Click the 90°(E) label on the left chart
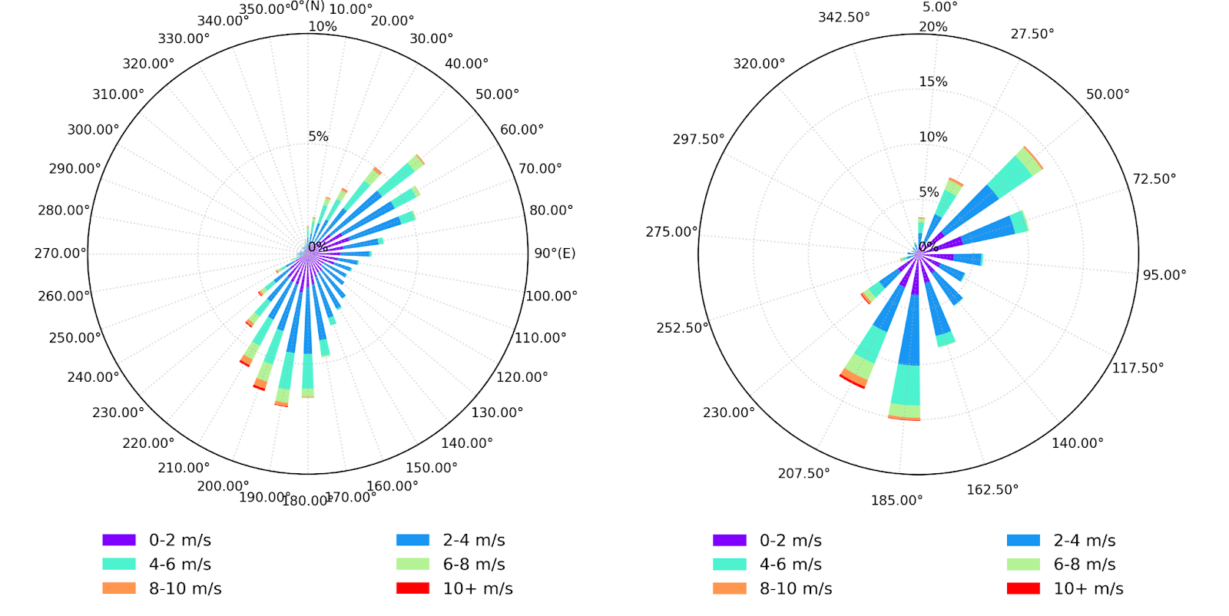point(555,253)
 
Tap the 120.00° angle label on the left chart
point(522,377)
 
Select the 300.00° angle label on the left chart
point(93,130)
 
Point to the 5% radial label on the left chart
point(318,137)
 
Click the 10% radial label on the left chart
point(323,26)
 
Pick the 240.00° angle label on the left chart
point(93,377)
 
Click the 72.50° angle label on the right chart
point(1154,179)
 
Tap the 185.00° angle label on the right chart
point(896,501)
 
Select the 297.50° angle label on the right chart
point(698,139)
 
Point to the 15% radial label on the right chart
point(933,81)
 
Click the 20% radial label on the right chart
point(933,27)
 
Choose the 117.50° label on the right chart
point(1138,368)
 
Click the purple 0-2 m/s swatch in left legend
point(119,540)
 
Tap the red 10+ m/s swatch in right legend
point(1023,588)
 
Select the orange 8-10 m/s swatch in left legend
point(119,588)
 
